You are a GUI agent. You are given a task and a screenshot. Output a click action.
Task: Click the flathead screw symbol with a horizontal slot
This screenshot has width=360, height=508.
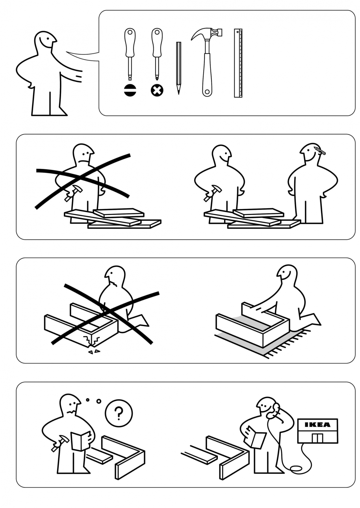click(x=130, y=90)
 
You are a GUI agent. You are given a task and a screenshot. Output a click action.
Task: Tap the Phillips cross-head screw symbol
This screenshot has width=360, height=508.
click(x=157, y=91)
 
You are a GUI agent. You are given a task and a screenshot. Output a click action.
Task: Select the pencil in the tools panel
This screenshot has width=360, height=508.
click(x=179, y=68)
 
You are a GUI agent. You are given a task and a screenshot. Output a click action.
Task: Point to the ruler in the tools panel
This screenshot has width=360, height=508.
click(x=238, y=63)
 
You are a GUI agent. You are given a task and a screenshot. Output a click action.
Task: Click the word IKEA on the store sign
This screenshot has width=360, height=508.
click(x=317, y=424)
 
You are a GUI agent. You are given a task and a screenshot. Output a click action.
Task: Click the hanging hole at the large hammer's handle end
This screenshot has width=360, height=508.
click(x=207, y=92)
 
